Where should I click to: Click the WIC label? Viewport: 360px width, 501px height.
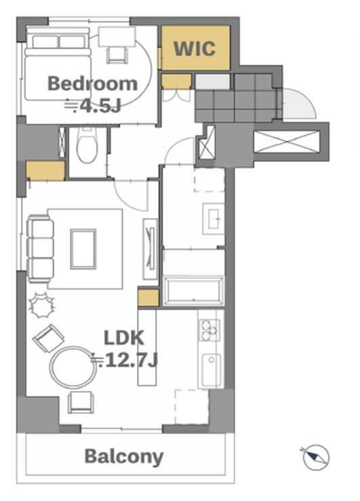coord(194,49)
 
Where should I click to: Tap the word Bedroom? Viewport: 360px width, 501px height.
coord(93,83)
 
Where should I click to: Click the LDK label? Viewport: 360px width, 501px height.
coord(124,338)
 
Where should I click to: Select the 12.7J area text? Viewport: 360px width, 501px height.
coord(125,361)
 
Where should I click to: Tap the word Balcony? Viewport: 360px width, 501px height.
coord(124,456)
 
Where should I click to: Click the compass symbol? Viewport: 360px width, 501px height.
coord(316,457)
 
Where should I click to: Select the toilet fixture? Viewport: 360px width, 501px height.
coord(86,145)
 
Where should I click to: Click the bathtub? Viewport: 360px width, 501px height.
coord(194,292)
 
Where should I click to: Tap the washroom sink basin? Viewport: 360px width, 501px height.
coord(214,218)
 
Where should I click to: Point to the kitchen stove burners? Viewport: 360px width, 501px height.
coord(209,329)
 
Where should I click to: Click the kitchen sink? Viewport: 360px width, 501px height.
coord(211,370)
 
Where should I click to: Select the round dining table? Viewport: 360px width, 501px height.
coord(73,367)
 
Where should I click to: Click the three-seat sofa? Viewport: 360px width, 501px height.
coord(41,249)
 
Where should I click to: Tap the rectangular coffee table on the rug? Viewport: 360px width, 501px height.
coord(83,249)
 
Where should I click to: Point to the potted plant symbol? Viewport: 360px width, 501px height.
coord(42,305)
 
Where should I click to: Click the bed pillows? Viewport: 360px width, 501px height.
coord(59,42)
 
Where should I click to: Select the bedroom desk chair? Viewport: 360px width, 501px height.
coord(117,55)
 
